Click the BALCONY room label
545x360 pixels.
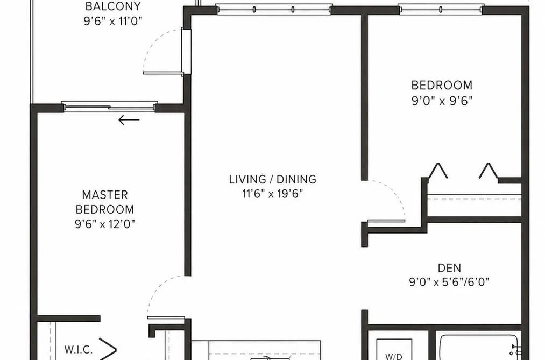tap(113, 6)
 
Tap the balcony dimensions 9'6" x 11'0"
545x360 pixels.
tap(113, 22)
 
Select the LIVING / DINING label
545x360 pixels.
tap(272, 179)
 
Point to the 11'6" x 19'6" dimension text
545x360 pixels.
tap(272, 194)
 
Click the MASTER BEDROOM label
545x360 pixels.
tap(105, 202)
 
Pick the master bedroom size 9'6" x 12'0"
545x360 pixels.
tap(105, 224)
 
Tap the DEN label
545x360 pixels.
tap(449, 268)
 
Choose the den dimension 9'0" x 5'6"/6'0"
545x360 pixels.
tap(449, 282)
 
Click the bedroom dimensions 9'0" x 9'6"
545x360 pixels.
tap(442, 101)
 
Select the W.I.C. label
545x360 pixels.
tap(79, 349)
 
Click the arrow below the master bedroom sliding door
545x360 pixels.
tap(129, 120)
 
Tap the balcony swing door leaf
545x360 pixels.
tap(163, 73)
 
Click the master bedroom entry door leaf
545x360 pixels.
tap(166, 317)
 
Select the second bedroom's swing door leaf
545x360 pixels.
tap(386, 221)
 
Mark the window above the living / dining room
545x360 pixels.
tap(274, 9)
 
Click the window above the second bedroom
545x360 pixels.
tap(441, 9)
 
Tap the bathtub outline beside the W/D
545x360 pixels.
tap(480, 348)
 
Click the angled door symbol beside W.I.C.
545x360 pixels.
tap(108, 349)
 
